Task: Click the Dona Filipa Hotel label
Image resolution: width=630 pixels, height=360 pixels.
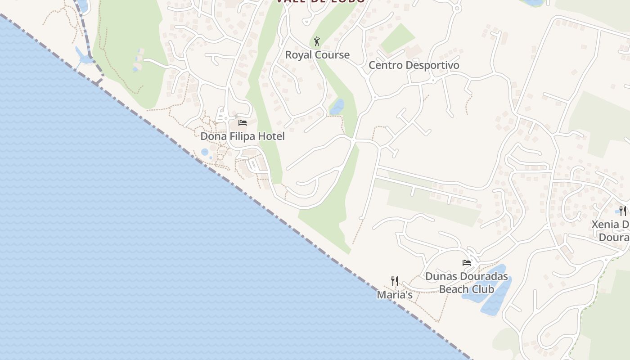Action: click(x=243, y=136)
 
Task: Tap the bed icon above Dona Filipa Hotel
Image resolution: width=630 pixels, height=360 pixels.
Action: click(x=243, y=123)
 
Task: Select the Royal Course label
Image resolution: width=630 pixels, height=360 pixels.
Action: click(x=317, y=55)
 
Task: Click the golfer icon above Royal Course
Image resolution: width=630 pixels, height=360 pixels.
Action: click(x=317, y=41)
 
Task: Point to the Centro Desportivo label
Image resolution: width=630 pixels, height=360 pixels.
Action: click(x=414, y=65)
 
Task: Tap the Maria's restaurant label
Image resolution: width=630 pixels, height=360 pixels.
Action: click(x=395, y=295)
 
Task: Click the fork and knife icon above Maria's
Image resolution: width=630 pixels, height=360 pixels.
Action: click(x=395, y=281)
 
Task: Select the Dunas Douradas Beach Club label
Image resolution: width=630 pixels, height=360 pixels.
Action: click(x=467, y=283)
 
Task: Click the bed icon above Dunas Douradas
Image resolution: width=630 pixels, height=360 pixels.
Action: click(x=467, y=263)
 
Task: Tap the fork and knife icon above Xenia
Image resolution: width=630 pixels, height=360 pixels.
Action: click(x=623, y=210)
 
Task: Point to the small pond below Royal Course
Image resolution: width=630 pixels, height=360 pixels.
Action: click(x=337, y=107)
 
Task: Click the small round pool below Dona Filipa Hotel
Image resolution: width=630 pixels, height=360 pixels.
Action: click(x=205, y=152)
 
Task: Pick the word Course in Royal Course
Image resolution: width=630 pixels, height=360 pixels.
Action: click(x=333, y=55)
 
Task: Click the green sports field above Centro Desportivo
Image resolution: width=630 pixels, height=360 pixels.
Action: click(x=397, y=39)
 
